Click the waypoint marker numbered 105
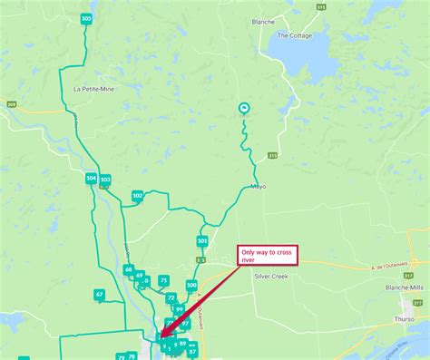(86, 18)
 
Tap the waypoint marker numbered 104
(92, 178)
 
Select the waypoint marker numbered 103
(105, 180)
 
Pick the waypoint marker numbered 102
(138, 195)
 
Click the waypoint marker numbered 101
(202, 241)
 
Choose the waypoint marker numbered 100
(191, 285)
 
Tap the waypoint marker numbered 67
(99, 295)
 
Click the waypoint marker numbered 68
(129, 269)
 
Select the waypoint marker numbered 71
(163, 280)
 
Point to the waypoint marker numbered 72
(171, 297)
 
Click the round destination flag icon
(244, 109)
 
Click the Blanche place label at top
(263, 21)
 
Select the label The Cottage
(295, 36)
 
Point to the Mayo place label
(258, 187)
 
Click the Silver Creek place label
(270, 276)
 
